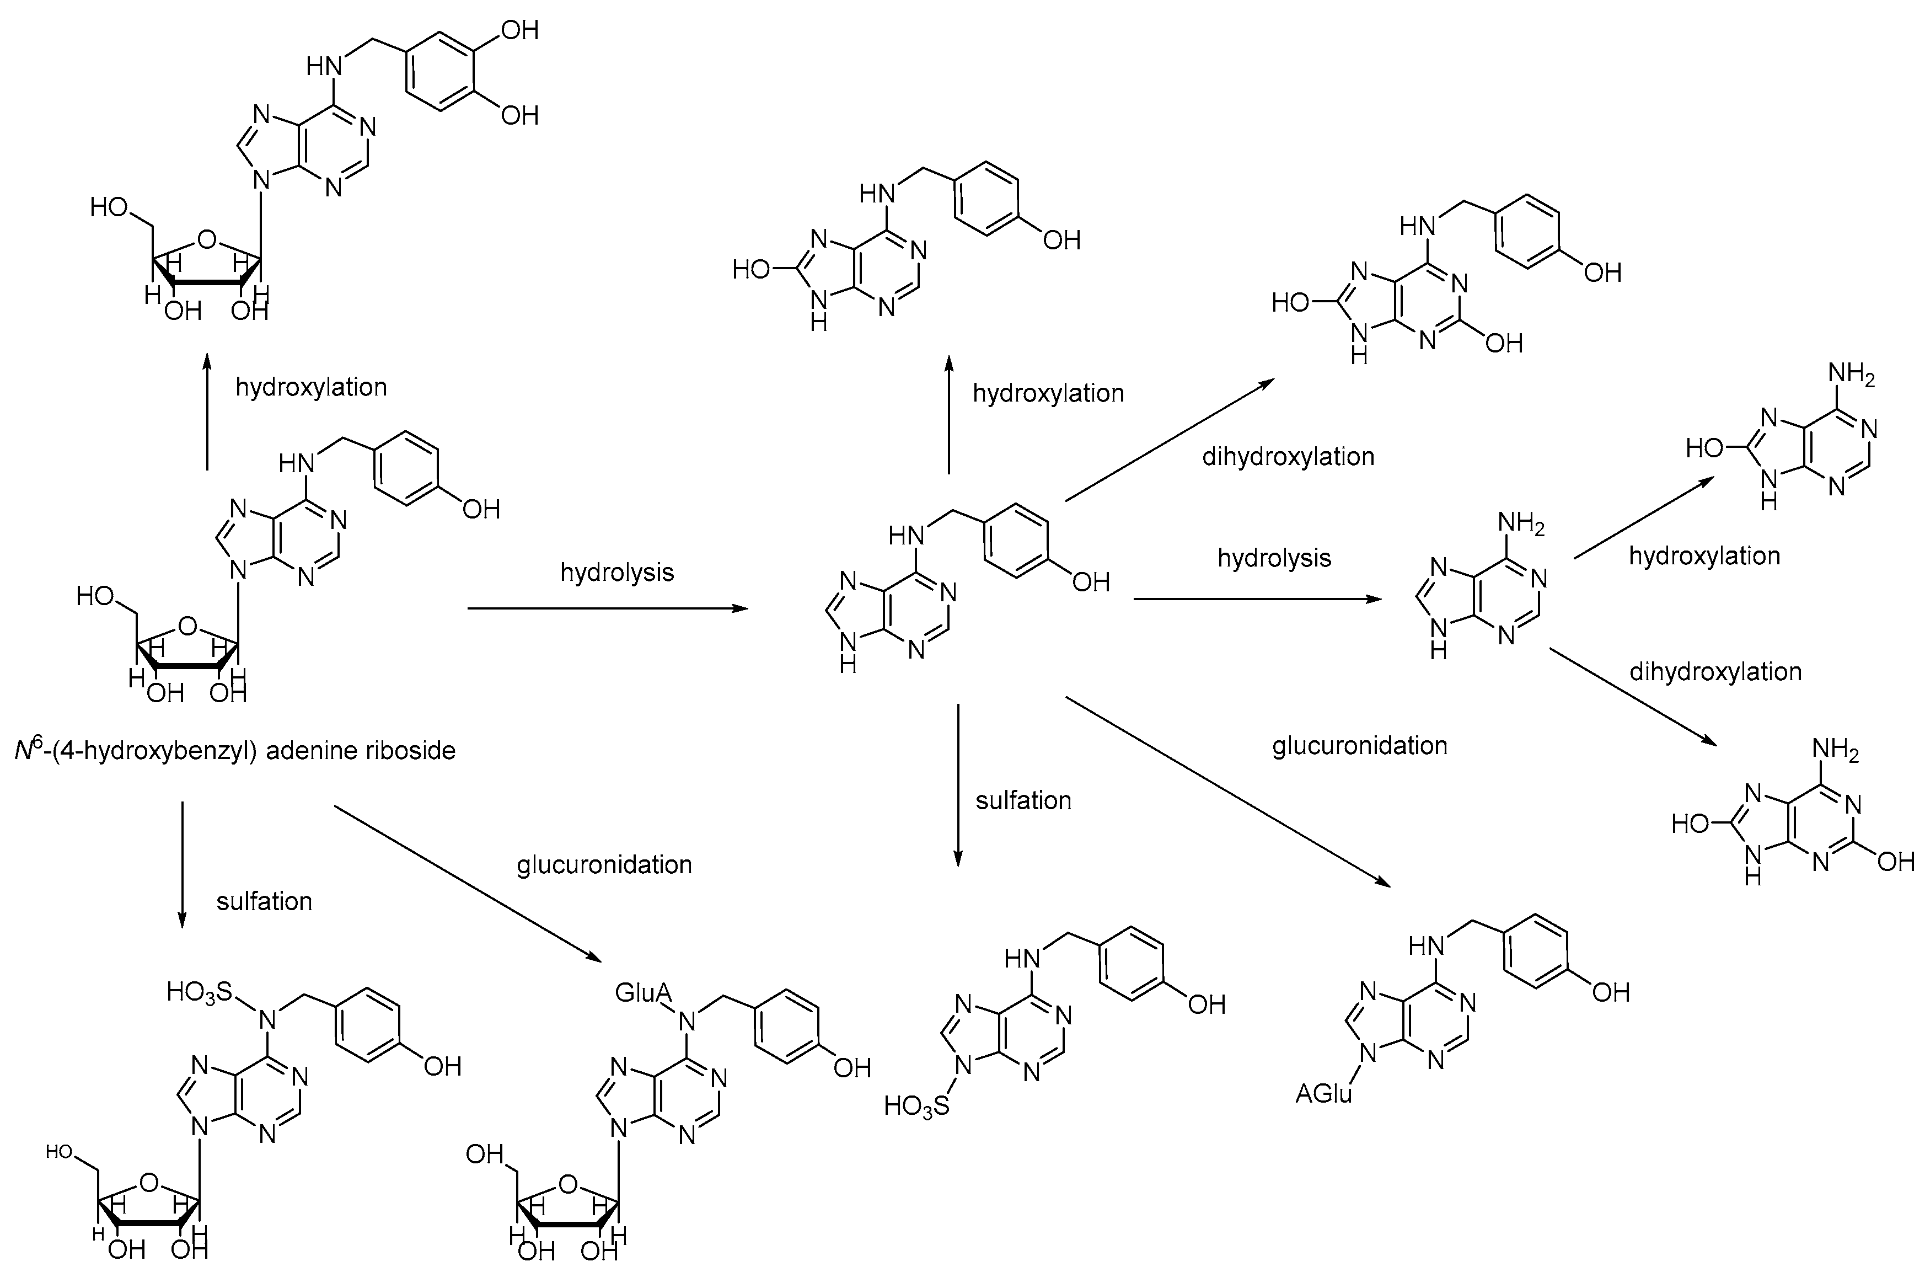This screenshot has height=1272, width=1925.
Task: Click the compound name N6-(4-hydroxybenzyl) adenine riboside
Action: (235, 750)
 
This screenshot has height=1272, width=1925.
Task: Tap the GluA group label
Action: (643, 992)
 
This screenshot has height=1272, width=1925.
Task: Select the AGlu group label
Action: (1323, 1094)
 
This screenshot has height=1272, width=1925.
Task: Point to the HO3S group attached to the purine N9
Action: (916, 1106)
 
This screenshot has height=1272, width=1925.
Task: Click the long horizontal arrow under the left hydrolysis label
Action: (608, 608)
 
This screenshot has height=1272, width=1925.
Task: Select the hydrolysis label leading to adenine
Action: (1274, 558)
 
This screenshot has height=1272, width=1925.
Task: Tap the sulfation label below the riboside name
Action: (264, 901)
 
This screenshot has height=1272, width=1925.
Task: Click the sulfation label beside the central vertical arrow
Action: (1023, 801)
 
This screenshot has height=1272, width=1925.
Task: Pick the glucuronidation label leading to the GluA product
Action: (604, 865)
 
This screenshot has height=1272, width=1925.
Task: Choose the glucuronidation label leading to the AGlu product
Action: (1359, 746)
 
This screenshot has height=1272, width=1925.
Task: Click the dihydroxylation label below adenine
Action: (1715, 672)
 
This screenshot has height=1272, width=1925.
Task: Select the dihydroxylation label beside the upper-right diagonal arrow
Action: (1288, 457)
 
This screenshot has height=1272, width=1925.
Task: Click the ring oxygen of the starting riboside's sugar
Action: (187, 626)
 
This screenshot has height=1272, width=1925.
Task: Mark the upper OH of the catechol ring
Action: (519, 31)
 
